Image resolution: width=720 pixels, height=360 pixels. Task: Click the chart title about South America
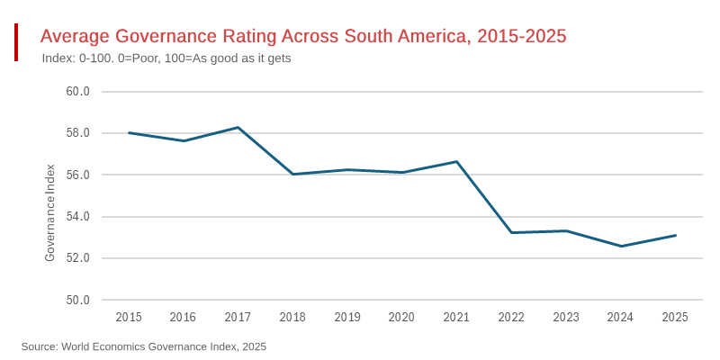[302, 37]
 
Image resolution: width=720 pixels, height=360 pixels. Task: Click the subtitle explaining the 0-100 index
[166, 58]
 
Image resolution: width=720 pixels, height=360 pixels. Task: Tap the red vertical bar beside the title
[16, 42]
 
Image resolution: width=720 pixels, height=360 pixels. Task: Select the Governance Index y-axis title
[50, 212]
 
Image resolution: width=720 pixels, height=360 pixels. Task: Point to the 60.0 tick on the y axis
[77, 92]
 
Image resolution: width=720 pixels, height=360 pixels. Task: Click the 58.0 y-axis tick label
[77, 133]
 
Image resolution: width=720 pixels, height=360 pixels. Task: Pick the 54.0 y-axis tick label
[77, 217]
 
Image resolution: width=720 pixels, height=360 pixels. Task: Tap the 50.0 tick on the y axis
[77, 300]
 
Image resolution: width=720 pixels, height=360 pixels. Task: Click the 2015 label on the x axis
[129, 317]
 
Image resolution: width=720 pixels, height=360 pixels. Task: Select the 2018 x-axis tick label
[292, 317]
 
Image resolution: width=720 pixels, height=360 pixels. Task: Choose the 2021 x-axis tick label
[456, 317]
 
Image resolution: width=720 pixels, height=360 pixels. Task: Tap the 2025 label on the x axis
[675, 317]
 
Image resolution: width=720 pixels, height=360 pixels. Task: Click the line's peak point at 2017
[238, 128]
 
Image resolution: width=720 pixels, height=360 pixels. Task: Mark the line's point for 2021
[456, 162]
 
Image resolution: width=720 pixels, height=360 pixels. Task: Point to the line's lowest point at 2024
[620, 246]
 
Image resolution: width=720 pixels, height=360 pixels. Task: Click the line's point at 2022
[511, 232]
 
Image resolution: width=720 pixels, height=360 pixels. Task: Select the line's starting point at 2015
[129, 133]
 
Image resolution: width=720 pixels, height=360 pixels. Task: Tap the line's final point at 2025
[675, 236]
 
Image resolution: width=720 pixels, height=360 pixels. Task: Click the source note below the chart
[144, 346]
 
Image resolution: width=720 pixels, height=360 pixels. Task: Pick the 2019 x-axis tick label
[347, 317]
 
